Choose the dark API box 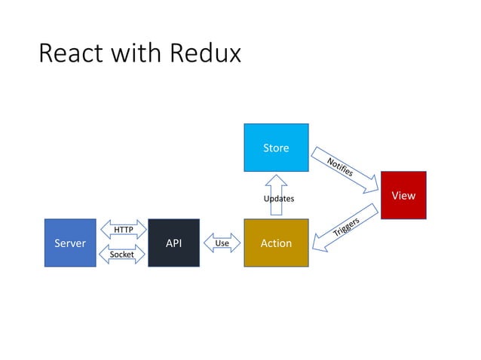click(x=173, y=243)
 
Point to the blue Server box click(x=70, y=243)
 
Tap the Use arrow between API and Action click(x=222, y=243)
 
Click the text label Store click(x=276, y=148)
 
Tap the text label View click(x=403, y=196)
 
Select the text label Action click(x=276, y=243)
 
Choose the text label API click(x=173, y=243)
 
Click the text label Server click(x=70, y=243)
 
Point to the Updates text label click(x=278, y=198)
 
